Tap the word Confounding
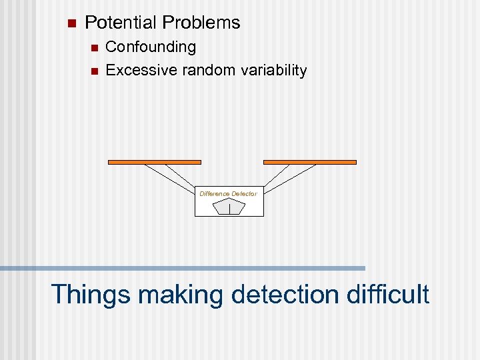(x=151, y=47)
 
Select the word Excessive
(x=137, y=70)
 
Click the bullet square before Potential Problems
(x=72, y=23)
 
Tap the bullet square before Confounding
(x=93, y=48)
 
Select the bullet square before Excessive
(x=93, y=71)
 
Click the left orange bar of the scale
(x=155, y=161)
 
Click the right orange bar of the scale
(x=310, y=161)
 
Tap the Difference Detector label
(x=228, y=193)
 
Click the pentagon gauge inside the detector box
(x=229, y=207)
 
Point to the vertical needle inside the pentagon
(x=229, y=209)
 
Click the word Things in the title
(x=90, y=293)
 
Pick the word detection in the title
(x=284, y=293)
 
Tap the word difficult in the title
(x=388, y=293)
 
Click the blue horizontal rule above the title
(x=183, y=268)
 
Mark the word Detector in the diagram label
(x=244, y=193)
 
